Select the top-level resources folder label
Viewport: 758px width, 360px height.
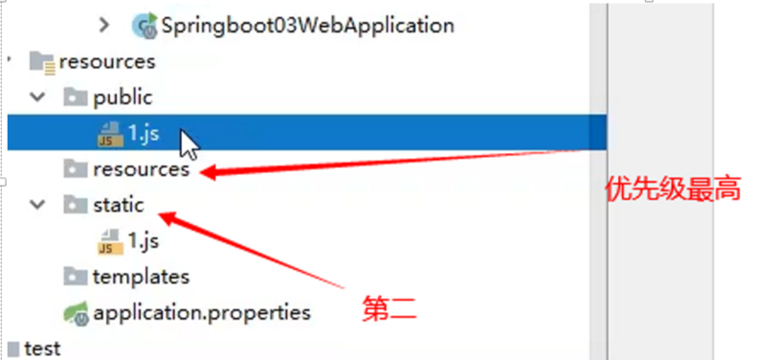click(x=106, y=61)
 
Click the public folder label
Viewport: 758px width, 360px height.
click(x=123, y=97)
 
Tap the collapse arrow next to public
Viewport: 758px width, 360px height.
click(x=37, y=97)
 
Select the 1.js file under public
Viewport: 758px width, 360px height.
click(x=143, y=133)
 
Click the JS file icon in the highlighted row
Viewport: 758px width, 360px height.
click(x=109, y=133)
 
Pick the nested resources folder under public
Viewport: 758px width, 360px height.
click(x=141, y=169)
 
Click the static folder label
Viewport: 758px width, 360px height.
click(x=118, y=205)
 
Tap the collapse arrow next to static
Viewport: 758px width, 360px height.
click(x=37, y=205)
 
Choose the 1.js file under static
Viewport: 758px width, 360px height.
click(x=143, y=241)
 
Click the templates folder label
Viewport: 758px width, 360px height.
click(x=141, y=277)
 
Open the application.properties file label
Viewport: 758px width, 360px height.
click(x=201, y=312)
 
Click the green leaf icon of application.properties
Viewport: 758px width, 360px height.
click(x=74, y=312)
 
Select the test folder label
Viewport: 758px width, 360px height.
click(x=42, y=349)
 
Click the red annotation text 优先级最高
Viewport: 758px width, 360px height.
click(x=674, y=190)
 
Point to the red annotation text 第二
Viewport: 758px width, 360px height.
click(x=389, y=308)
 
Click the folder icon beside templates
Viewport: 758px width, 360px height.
click(x=74, y=277)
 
